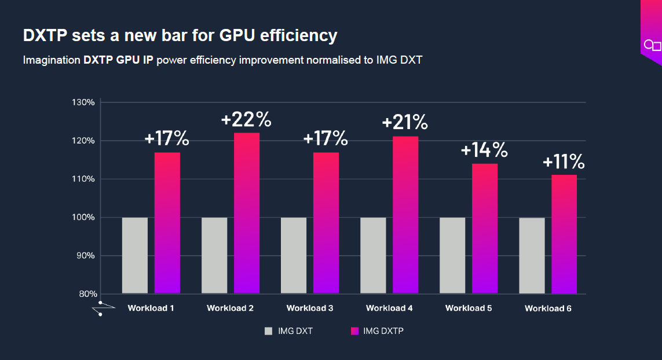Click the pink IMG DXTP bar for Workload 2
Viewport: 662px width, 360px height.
click(x=247, y=213)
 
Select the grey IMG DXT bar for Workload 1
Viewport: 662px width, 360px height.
click(x=135, y=255)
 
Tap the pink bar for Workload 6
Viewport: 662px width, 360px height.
click(x=564, y=234)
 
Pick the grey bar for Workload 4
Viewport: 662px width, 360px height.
click(x=373, y=255)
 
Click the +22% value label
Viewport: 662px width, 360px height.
click(x=246, y=120)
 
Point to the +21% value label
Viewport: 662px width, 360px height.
click(x=405, y=122)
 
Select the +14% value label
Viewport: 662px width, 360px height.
click(x=484, y=150)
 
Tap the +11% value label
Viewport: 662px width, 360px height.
click(x=564, y=161)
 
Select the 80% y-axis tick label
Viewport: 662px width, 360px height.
click(x=87, y=294)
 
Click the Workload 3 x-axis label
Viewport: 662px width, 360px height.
click(x=310, y=308)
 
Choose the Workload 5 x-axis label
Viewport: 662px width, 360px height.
click(x=469, y=308)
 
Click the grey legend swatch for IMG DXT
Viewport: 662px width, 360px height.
click(x=269, y=331)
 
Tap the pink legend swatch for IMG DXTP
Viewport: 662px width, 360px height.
click(x=355, y=331)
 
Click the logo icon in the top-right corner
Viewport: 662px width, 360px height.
click(x=652, y=45)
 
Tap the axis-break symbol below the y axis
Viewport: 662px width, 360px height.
click(x=100, y=308)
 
